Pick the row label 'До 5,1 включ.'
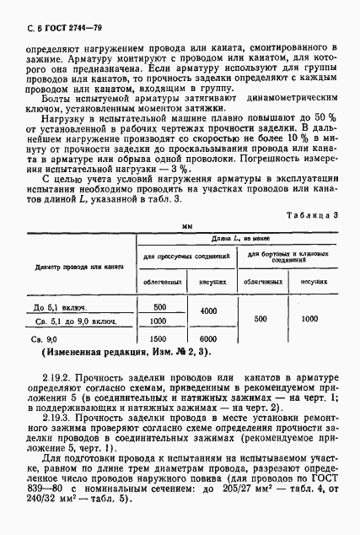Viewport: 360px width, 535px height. (x=57, y=308)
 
